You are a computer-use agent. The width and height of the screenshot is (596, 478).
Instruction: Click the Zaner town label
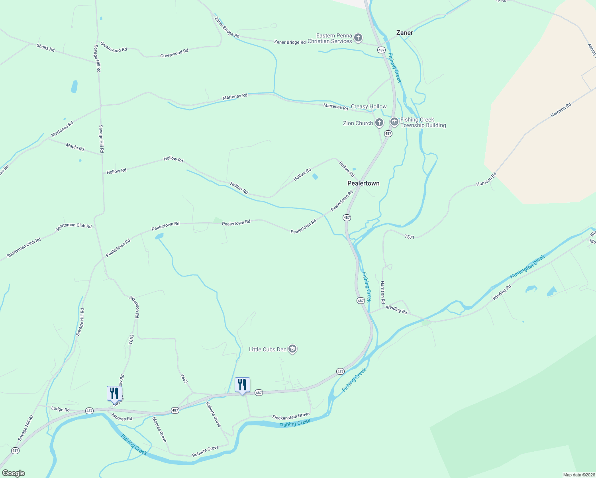pos(404,33)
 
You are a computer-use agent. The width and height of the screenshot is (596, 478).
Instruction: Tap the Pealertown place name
pos(363,183)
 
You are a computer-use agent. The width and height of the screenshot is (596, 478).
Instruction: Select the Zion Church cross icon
pos(379,123)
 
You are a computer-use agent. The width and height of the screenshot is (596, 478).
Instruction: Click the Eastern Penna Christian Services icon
pos(358,38)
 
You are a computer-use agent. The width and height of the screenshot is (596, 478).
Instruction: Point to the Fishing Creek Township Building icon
pos(394,122)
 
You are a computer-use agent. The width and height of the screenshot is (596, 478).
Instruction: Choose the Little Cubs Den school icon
pos(292,349)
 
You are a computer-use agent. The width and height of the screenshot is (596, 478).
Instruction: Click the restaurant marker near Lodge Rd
pos(114,393)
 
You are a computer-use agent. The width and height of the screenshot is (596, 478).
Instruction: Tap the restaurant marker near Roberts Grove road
pos(242,385)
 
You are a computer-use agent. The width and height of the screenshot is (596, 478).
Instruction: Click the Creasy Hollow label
pos(369,106)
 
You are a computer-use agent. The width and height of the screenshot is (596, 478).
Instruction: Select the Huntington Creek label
pos(527,267)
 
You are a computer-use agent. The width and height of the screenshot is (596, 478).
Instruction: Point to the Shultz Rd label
pos(45,48)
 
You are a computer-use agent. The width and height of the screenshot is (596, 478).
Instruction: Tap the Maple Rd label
pos(75,147)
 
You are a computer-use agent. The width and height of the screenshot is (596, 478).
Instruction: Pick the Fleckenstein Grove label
pos(291,416)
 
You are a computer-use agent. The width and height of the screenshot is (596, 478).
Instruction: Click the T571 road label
pos(410,237)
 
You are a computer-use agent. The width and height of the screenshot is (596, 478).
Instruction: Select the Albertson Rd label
pos(134,306)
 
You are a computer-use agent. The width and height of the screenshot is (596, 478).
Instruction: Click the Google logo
pos(14,473)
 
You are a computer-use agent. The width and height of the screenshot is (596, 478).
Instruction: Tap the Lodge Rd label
pos(61,409)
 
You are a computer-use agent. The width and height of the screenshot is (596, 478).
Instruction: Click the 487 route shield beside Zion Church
pos(388,134)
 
